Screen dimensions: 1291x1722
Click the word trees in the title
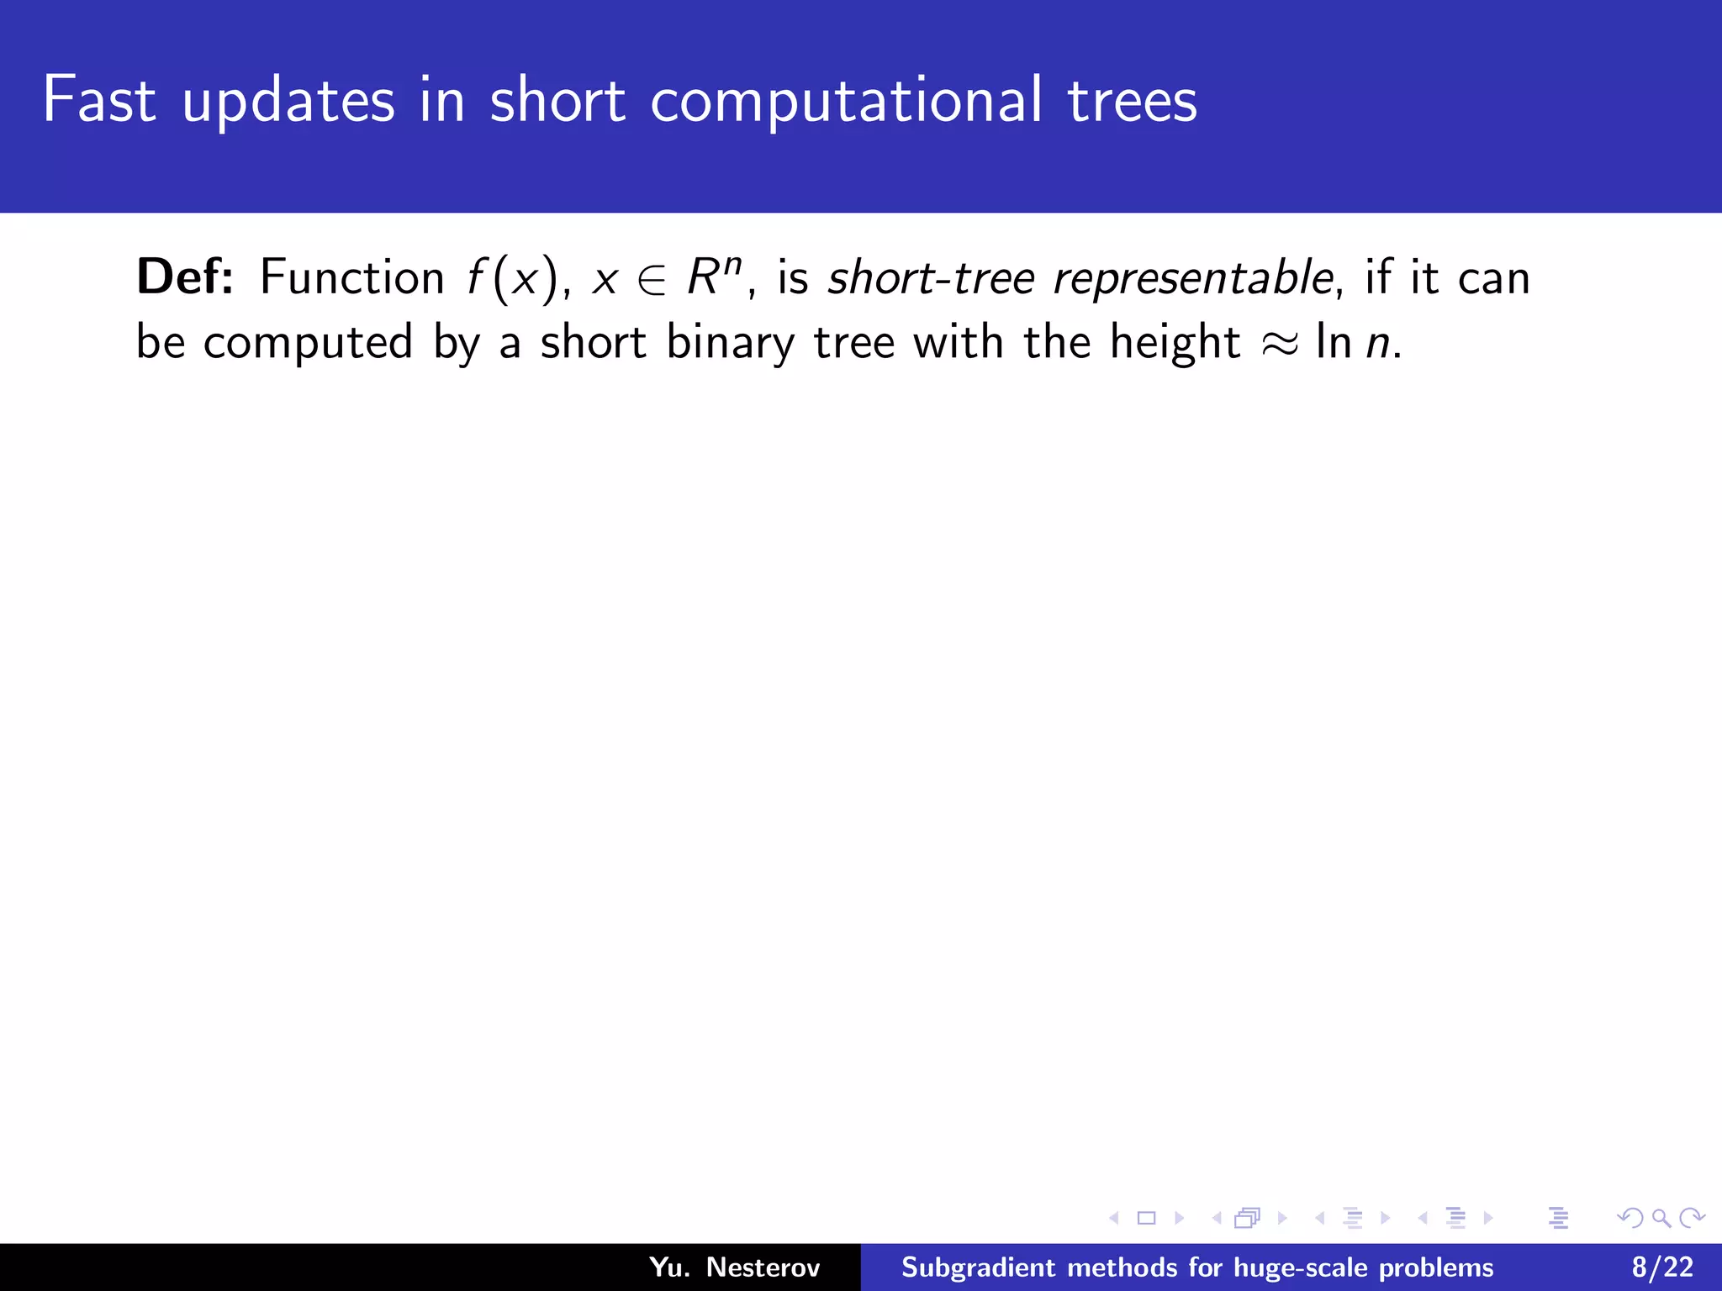pyautogui.click(x=1132, y=101)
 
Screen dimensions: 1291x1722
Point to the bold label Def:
pyautogui.click(x=185, y=277)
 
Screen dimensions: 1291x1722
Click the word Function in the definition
pyautogui.click(x=351, y=277)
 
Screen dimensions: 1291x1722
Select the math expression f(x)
pyautogui.click(x=512, y=279)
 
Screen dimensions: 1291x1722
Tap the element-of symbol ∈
pyautogui.click(x=652, y=281)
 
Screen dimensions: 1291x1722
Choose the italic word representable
pyautogui.click(x=1193, y=277)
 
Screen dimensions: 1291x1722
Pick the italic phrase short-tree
pyautogui.click(x=931, y=277)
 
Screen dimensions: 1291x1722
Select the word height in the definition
pyautogui.click(x=1175, y=343)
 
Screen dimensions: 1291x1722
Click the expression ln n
pyautogui.click(x=1354, y=343)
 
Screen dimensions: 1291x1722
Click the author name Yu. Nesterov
pyautogui.click(x=734, y=1267)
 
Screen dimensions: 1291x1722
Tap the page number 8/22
pyautogui.click(x=1662, y=1267)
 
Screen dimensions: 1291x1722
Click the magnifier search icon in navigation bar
pyautogui.click(x=1661, y=1218)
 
